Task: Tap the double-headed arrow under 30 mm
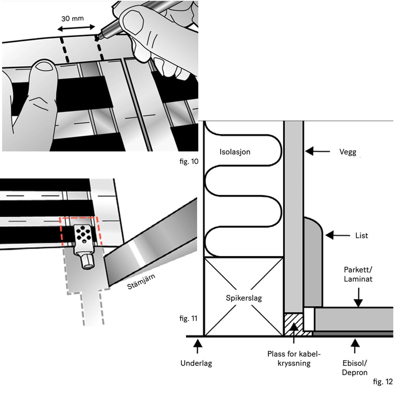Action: (x=76, y=28)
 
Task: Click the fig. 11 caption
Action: (x=188, y=318)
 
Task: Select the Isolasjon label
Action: (x=235, y=151)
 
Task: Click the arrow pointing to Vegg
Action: (x=318, y=150)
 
